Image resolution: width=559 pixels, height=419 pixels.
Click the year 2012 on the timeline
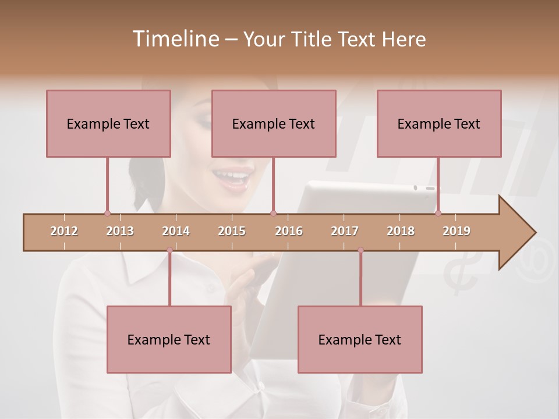click(x=64, y=231)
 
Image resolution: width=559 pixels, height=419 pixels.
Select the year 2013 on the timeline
click(x=120, y=231)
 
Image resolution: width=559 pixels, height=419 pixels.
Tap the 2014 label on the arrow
click(x=176, y=231)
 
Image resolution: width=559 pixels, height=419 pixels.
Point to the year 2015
click(x=232, y=231)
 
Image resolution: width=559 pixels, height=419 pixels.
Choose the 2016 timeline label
click(x=289, y=231)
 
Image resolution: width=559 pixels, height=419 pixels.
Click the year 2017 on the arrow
click(x=345, y=231)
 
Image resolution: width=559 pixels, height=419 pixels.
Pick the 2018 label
click(x=401, y=231)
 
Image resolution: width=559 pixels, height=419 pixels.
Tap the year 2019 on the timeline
click(x=457, y=231)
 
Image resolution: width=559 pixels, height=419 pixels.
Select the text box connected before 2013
click(x=108, y=123)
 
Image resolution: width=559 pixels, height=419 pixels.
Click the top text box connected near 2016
click(x=274, y=123)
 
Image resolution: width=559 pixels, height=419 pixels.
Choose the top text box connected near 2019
click(x=439, y=123)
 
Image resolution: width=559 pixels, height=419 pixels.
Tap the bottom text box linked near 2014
click(x=169, y=339)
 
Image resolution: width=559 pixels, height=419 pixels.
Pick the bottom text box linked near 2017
click(x=360, y=339)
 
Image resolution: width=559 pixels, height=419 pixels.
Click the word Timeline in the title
click(x=175, y=39)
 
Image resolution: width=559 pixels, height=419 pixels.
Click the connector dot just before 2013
click(x=107, y=213)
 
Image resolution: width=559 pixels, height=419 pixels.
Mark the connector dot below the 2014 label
click(x=169, y=250)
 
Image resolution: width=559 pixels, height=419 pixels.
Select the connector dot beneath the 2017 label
click(x=360, y=250)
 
